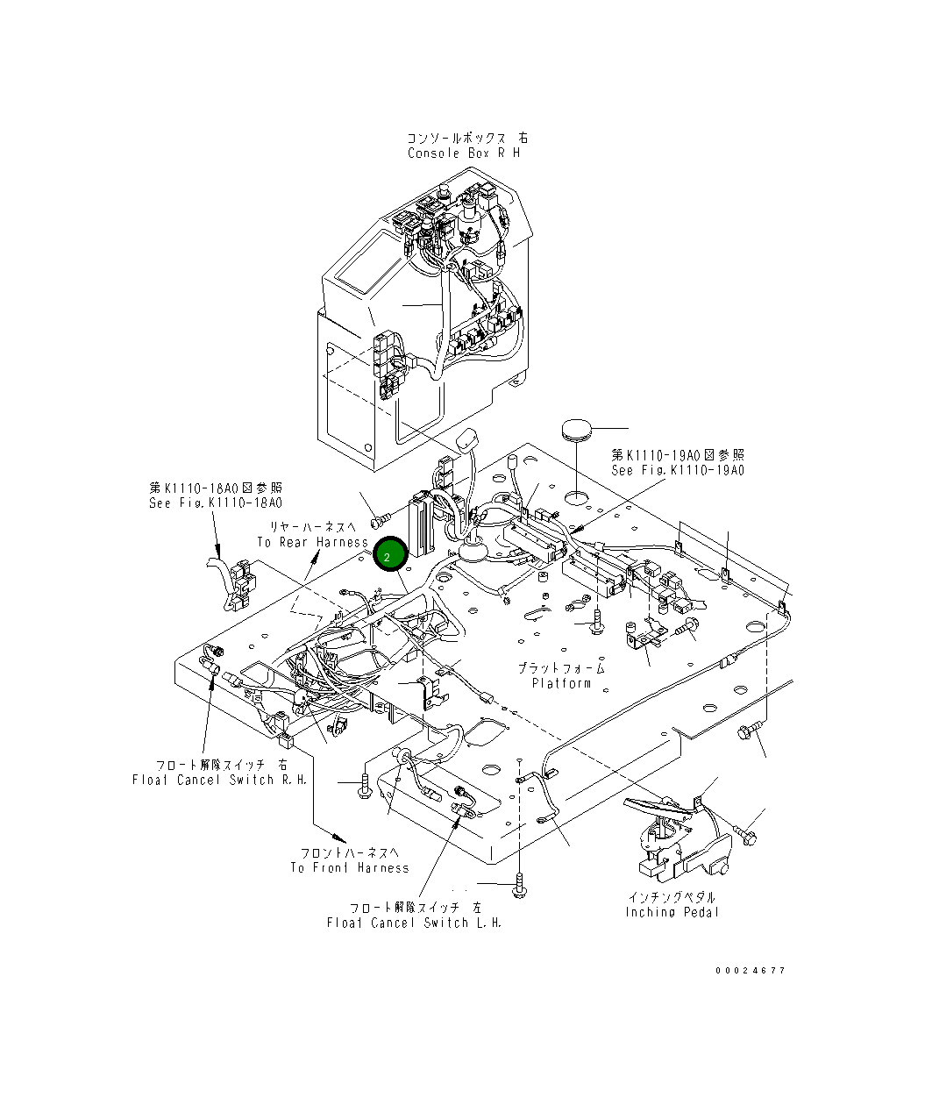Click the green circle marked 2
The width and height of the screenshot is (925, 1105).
[x=388, y=556]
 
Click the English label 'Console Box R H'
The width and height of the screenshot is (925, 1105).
[x=463, y=153]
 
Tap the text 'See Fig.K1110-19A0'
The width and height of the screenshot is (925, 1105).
[x=677, y=470]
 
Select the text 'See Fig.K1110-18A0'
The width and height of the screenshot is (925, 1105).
[x=216, y=503]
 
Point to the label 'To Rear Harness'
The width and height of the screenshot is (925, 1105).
[x=312, y=542]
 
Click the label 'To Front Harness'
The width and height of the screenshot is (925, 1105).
[x=349, y=868]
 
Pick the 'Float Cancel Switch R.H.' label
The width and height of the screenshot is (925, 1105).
[x=219, y=780]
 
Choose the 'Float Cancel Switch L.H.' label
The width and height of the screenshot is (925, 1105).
[x=414, y=923]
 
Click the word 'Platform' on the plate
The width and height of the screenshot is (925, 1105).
[x=561, y=683]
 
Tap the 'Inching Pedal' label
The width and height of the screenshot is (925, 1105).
[x=672, y=912]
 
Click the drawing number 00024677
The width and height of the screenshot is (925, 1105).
[x=750, y=971]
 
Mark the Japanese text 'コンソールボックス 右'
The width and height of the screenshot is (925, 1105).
[x=466, y=139]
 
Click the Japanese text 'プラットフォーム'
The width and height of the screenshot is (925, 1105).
[x=561, y=668]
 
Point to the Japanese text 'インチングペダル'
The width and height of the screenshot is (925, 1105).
[x=672, y=897]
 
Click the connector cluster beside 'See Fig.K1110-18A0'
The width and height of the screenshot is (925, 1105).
[x=235, y=582]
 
